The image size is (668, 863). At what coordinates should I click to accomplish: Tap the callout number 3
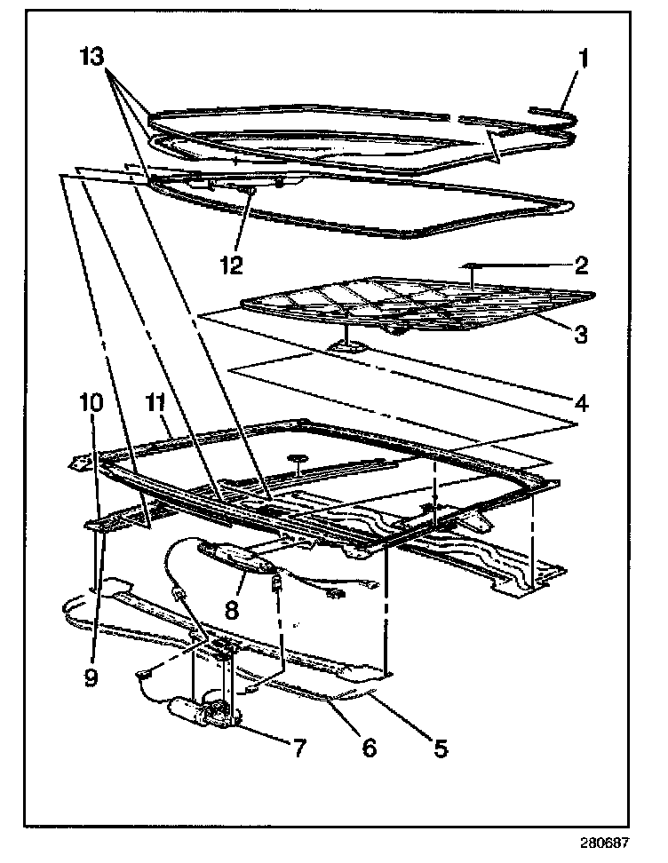tap(578, 334)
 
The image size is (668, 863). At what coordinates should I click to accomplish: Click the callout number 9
tap(91, 677)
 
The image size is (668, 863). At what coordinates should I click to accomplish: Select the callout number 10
tap(91, 402)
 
